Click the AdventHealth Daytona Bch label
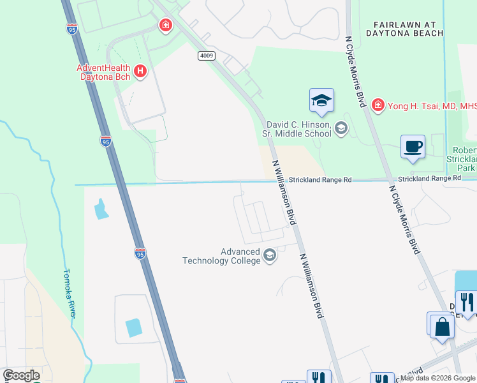pyautogui.click(x=103, y=71)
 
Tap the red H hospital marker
pyautogui.click(x=140, y=72)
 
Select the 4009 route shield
pyautogui.click(x=206, y=56)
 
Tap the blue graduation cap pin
pyautogui.click(x=321, y=100)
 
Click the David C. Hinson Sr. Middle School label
pyautogui.click(x=297, y=129)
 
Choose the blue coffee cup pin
pyautogui.click(x=413, y=147)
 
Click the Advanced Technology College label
pyautogui.click(x=221, y=256)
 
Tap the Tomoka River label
pyautogui.click(x=70, y=293)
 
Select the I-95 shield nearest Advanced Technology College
pyautogui.click(x=140, y=253)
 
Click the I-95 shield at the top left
pyautogui.click(x=72, y=28)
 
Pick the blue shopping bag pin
pyautogui.click(x=441, y=326)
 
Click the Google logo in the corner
pyautogui.click(x=21, y=375)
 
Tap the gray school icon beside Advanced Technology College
pyautogui.click(x=269, y=256)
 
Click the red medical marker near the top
pyautogui.click(x=165, y=26)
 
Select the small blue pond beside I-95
pyautogui.click(x=101, y=209)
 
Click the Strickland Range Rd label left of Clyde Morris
pyautogui.click(x=320, y=181)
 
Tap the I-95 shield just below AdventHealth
pyautogui.click(x=106, y=141)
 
